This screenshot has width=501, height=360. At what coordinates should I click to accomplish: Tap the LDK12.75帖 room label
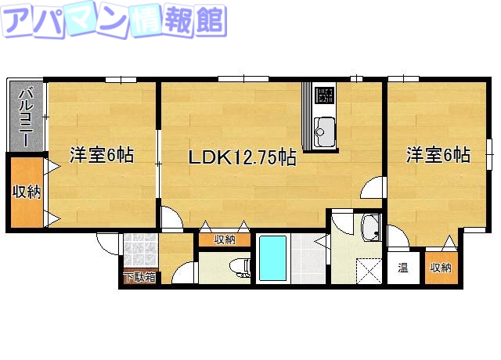(241, 157)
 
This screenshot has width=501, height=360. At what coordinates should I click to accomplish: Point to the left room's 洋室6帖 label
(101, 155)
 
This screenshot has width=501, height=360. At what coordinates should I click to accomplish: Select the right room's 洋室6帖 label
(437, 155)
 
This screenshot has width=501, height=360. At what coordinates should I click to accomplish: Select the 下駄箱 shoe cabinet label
(139, 277)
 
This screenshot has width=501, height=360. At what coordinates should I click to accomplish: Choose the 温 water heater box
(402, 268)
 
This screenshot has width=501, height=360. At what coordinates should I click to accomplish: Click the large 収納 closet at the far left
(26, 192)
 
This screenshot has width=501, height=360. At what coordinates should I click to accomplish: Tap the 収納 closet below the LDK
(225, 240)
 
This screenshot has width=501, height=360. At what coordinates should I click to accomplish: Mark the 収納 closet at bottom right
(440, 268)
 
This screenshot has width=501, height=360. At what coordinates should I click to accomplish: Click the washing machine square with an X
(366, 271)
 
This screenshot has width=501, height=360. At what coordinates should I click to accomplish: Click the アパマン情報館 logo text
(114, 21)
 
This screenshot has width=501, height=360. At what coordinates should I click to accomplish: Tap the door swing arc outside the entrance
(109, 243)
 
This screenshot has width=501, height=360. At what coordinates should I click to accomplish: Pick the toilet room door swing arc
(185, 273)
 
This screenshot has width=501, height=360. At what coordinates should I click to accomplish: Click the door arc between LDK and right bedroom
(373, 188)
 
